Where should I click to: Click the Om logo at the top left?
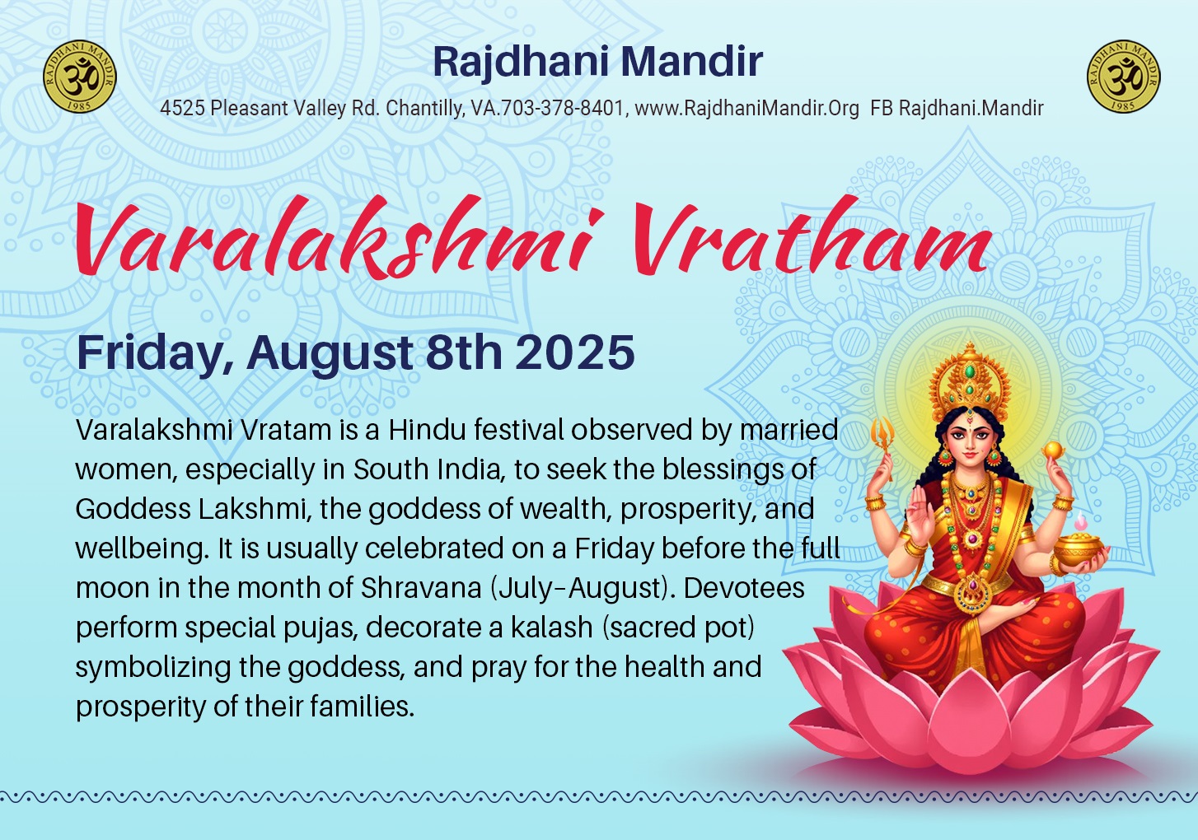click(80, 77)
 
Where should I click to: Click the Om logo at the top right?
click(1124, 77)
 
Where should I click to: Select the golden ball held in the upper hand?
click(1052, 450)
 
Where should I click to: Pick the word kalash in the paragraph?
click(552, 628)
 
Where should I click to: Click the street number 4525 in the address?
click(182, 109)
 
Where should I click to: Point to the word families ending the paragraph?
click(362, 707)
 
